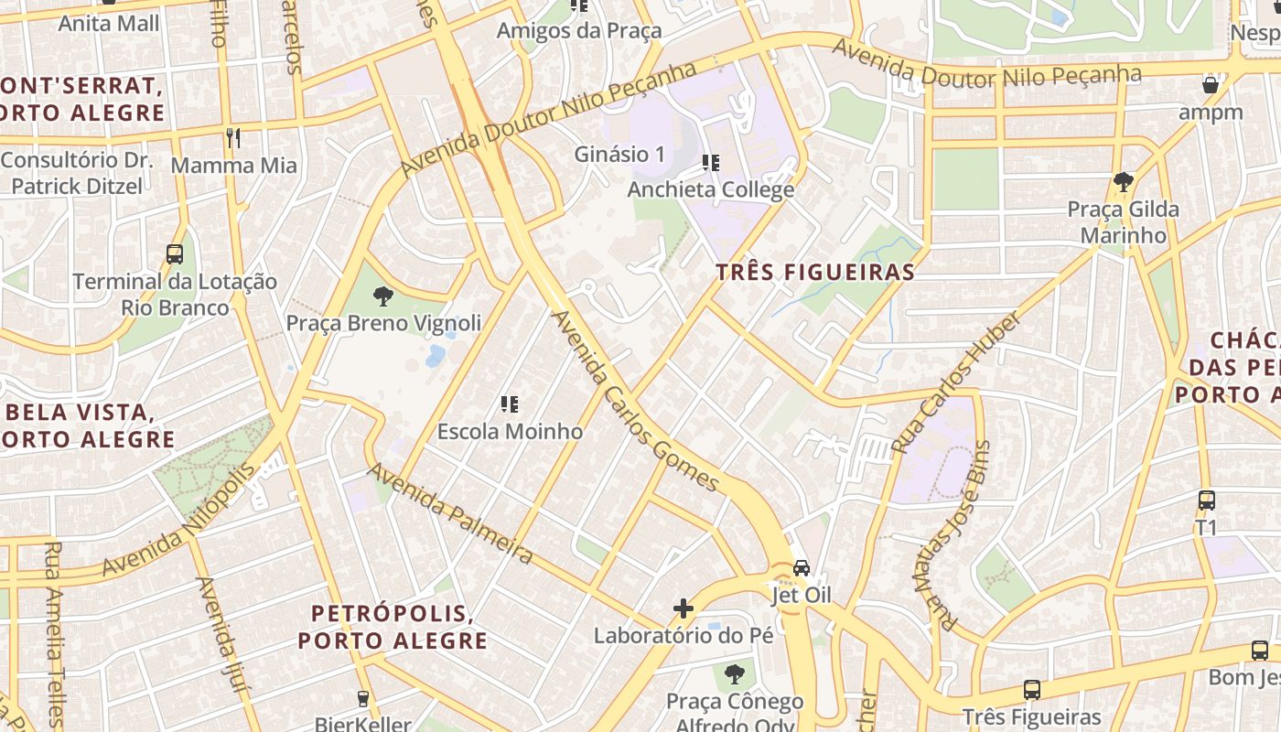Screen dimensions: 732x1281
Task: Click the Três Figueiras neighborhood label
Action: coord(815,272)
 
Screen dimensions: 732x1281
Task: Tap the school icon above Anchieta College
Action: coord(710,164)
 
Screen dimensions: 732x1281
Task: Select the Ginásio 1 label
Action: coord(619,155)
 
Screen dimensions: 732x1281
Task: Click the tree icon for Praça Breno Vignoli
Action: coord(382,296)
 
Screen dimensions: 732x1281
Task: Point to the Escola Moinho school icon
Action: coord(510,404)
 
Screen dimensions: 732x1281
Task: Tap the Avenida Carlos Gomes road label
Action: coord(635,401)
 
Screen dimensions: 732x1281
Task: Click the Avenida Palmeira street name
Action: coord(450,513)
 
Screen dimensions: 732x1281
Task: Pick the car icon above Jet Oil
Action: coord(802,567)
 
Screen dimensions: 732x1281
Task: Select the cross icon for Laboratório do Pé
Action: coord(684,608)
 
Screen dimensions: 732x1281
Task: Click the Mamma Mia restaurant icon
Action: coord(233,138)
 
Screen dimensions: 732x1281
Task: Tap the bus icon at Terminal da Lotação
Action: coord(175,253)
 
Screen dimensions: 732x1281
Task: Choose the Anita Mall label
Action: coord(108,23)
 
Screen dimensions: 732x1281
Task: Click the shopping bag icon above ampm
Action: coord(1211,85)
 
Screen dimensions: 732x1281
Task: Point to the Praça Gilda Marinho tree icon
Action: coord(1123,182)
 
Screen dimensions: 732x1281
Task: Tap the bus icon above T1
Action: coord(1207,501)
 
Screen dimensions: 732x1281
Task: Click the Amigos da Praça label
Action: coord(578,31)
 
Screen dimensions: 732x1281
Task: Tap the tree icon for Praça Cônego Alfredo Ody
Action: coord(734,674)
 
